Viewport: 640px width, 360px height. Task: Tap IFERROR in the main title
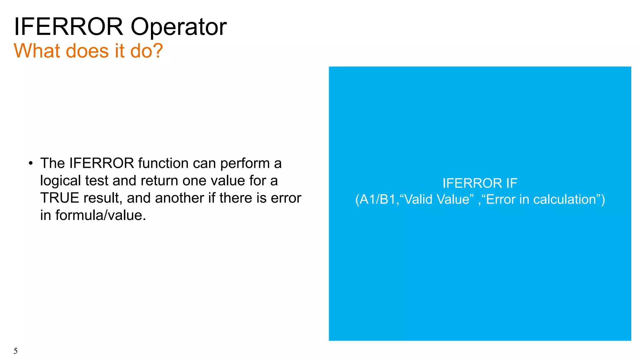point(68,27)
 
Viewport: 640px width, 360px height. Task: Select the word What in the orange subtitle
point(37,51)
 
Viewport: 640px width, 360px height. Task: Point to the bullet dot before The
point(30,163)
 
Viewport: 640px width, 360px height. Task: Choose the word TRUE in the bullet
point(59,198)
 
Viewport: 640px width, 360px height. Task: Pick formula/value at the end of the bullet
point(101,215)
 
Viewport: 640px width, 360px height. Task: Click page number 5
point(16,351)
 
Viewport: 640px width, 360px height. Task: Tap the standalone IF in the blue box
point(510,183)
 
